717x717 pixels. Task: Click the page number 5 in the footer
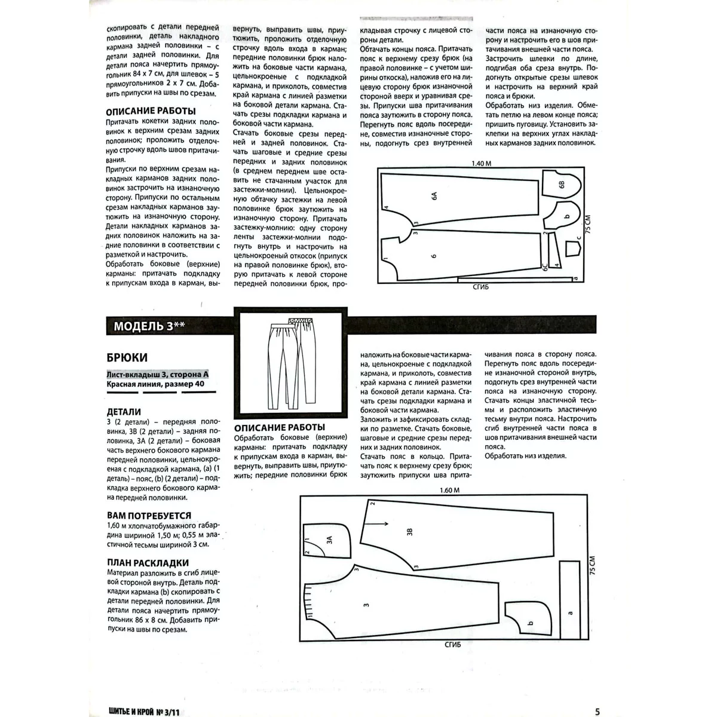coord(597,695)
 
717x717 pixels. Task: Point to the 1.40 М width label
coord(482,163)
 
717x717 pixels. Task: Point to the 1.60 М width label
coord(449,491)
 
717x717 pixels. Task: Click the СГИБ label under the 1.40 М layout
coord(480,287)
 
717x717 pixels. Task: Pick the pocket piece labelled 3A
coord(326,541)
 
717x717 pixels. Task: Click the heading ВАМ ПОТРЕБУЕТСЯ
coord(149,515)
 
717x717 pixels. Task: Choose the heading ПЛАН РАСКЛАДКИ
coord(148,562)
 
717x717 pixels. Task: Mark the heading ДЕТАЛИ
coord(124,412)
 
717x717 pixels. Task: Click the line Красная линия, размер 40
coord(155,384)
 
